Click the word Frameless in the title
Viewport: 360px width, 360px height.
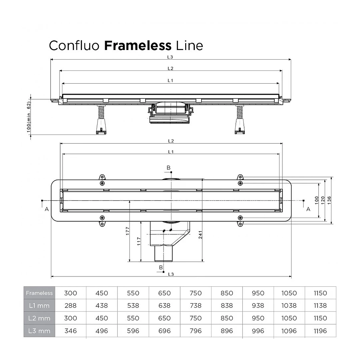point(138,45)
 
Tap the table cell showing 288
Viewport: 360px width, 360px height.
point(70,306)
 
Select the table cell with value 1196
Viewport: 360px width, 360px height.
point(320,331)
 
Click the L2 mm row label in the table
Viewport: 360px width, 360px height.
point(39,318)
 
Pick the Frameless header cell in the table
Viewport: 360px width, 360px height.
point(39,293)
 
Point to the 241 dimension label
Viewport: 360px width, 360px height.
point(200,236)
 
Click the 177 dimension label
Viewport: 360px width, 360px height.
point(128,232)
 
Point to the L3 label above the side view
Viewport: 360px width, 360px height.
point(170,57)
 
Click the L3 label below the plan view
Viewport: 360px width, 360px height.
point(170,274)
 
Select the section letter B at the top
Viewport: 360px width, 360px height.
point(168,167)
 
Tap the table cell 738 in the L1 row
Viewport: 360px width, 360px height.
point(195,306)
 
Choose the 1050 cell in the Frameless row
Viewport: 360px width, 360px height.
point(289,293)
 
